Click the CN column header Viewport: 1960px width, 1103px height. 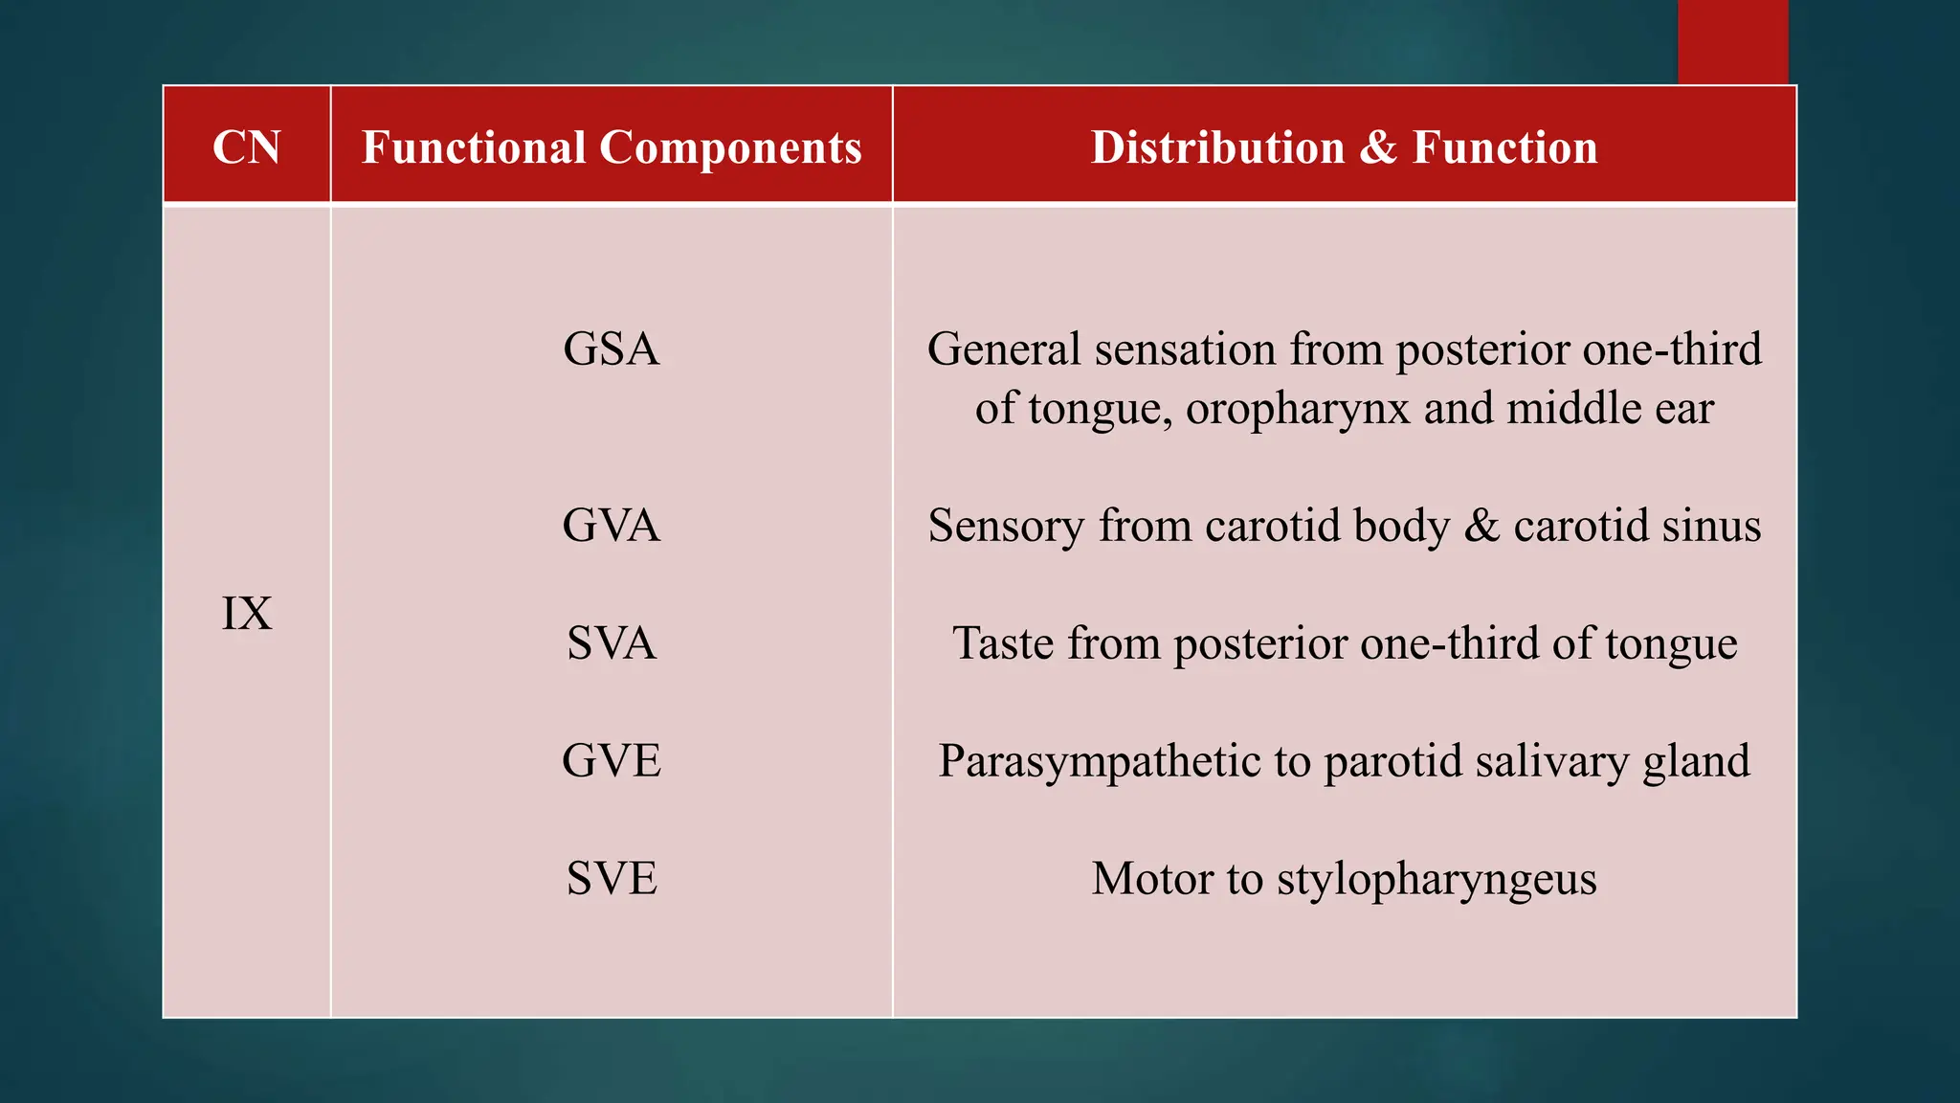tap(247, 147)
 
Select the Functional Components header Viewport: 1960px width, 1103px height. tap(612, 147)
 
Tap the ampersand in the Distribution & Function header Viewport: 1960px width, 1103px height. tap(1378, 148)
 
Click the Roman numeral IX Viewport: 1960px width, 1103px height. tap(247, 614)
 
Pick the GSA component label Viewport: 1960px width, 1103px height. tap(612, 349)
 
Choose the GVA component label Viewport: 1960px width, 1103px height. tap(612, 526)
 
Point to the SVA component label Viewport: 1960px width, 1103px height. tap(612, 642)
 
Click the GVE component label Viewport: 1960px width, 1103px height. tap(612, 761)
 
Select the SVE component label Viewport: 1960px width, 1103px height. tap(612, 878)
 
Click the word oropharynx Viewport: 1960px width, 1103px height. tap(1298, 410)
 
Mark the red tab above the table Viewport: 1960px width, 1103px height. tap(1732, 41)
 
